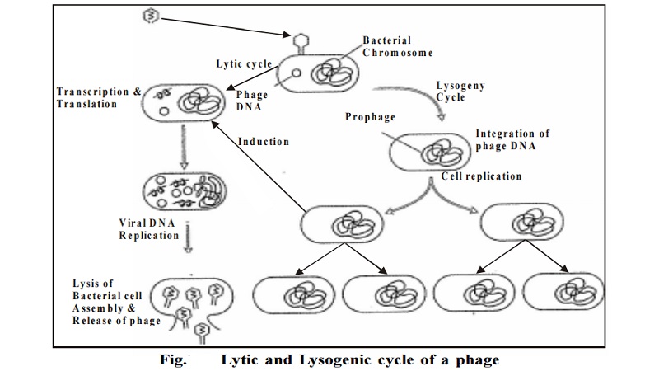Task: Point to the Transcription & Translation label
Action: (x=98, y=98)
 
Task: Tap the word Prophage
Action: (x=370, y=117)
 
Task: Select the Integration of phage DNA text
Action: (x=512, y=140)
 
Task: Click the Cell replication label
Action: (x=481, y=176)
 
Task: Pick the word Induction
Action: (x=264, y=141)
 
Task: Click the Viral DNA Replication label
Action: (x=149, y=228)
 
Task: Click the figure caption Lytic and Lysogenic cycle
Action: (x=359, y=359)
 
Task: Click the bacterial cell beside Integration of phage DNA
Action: (x=429, y=152)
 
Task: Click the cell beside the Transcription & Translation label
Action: (x=185, y=103)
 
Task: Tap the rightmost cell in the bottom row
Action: (x=563, y=294)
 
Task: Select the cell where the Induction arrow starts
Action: (x=340, y=225)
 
